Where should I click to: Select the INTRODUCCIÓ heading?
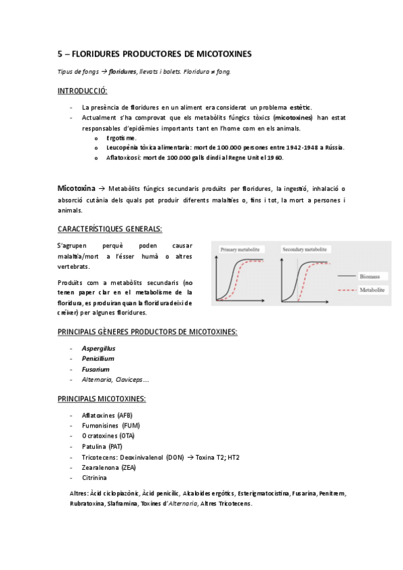coord(83,90)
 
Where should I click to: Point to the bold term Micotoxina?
coord(75,189)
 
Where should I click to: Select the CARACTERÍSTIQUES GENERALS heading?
coord(110,228)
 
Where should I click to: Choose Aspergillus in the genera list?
coord(98,348)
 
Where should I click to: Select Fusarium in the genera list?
coord(96,369)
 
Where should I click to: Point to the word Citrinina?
coord(94,477)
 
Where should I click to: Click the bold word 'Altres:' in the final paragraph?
coord(79,493)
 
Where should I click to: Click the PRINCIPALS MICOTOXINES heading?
coord(102,399)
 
